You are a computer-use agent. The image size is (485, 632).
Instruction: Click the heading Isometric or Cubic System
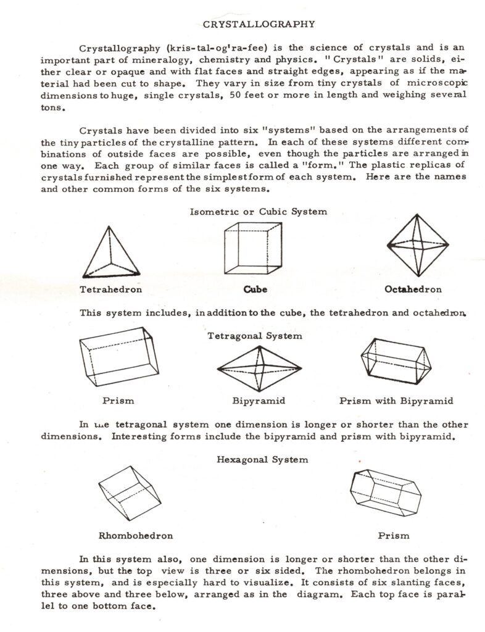(259, 211)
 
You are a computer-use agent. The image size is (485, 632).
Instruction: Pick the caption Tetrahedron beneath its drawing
(111, 289)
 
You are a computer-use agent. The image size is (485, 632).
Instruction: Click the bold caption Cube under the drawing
(255, 289)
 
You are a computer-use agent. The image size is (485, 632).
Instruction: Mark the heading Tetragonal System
(255, 336)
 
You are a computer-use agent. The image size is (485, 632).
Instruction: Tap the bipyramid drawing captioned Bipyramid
(259, 368)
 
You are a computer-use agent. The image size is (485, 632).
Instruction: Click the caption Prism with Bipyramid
(396, 401)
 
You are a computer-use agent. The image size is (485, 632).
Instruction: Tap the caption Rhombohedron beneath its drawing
(135, 535)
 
